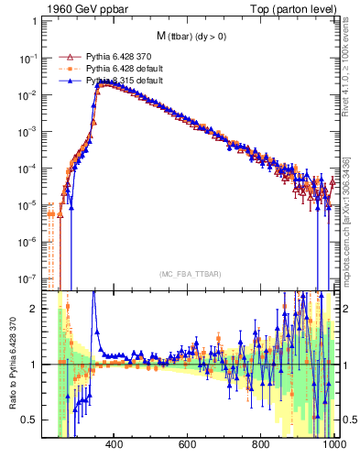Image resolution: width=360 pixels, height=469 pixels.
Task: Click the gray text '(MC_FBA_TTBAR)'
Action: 190,274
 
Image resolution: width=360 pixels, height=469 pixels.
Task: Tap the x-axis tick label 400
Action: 115,447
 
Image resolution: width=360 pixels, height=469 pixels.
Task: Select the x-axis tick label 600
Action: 188,447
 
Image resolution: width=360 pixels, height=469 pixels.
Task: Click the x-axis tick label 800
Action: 261,447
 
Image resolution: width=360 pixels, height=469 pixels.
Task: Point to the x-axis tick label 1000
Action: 331,447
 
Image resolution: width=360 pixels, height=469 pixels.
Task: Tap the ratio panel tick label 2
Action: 36,309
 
